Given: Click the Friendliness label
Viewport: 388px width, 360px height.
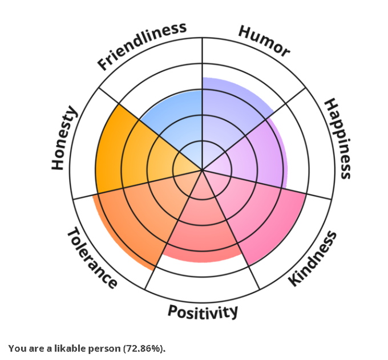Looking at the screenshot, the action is [142, 46].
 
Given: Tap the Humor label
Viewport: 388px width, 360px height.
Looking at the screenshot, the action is [264, 41].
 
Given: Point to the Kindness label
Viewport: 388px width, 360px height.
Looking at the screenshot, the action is [312, 259].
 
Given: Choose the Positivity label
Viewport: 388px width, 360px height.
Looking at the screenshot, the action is [203, 312].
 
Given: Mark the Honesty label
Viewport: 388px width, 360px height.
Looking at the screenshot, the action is [64, 138].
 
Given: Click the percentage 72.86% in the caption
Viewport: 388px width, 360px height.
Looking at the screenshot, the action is [144, 347].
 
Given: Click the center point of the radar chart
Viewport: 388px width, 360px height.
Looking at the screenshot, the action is [202, 169].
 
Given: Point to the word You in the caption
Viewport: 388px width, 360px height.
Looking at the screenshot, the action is [15, 347].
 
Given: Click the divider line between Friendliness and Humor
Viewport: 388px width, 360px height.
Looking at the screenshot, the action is [202, 57].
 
